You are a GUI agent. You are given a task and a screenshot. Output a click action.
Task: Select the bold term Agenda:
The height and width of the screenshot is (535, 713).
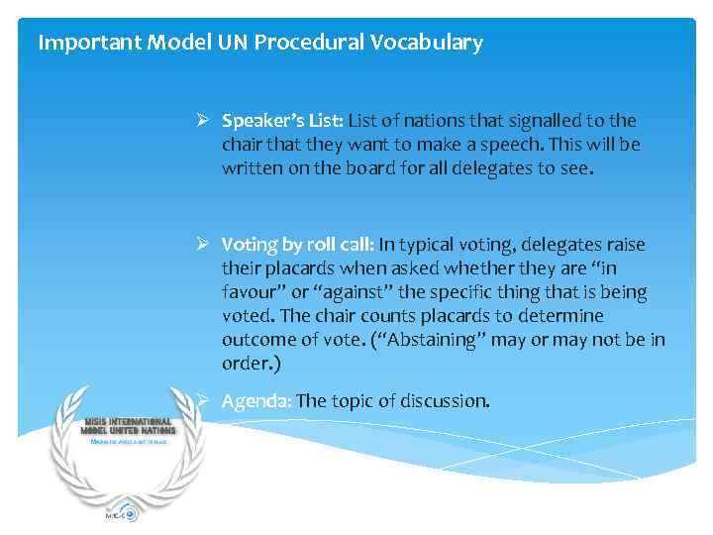(256, 401)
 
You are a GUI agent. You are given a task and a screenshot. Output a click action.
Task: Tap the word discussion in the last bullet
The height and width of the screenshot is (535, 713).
(443, 401)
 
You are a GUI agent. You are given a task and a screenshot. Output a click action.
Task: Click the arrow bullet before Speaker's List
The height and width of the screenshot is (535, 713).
(201, 121)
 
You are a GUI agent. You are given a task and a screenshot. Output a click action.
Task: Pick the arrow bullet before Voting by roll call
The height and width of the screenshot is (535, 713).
(201, 245)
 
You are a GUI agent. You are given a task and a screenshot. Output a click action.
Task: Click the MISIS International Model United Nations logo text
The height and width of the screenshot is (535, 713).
(129, 426)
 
